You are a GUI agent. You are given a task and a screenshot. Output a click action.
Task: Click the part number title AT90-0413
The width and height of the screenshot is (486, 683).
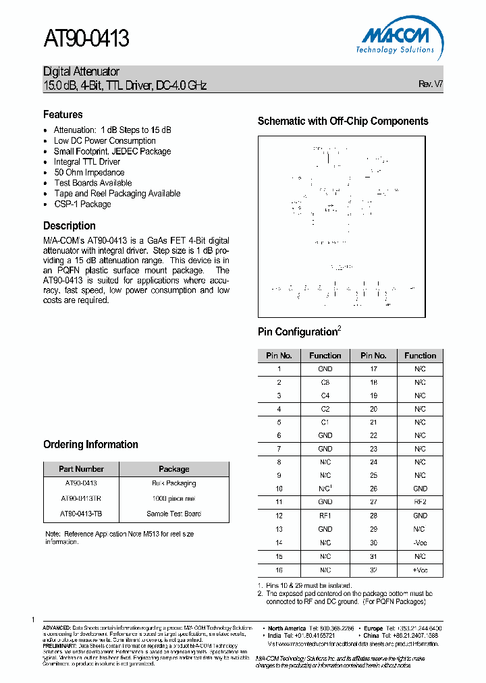86,39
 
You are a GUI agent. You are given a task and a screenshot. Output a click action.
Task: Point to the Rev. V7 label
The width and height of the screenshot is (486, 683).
430,84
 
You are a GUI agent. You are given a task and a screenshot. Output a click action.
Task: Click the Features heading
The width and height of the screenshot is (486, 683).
63,115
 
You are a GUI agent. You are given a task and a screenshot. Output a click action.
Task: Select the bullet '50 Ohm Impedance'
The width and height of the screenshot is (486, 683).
89,172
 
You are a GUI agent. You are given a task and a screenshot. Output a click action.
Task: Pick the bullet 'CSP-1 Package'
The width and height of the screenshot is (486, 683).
82,204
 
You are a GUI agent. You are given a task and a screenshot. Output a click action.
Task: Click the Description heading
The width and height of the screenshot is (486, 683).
70,226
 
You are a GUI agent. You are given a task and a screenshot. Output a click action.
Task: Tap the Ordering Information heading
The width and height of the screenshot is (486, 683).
90,445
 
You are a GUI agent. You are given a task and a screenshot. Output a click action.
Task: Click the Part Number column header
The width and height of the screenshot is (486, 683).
81,469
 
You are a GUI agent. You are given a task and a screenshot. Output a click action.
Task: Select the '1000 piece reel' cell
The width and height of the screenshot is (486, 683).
173,498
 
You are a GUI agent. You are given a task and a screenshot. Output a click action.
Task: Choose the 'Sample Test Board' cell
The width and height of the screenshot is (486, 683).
173,514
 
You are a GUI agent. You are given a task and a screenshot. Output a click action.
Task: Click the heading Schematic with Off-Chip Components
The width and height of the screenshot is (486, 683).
343,121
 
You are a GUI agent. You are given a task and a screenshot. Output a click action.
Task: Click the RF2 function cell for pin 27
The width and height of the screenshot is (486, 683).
420,502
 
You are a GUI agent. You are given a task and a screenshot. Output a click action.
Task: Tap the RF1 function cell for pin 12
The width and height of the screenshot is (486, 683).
325,516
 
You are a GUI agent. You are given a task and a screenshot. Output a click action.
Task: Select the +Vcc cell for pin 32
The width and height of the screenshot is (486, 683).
420,570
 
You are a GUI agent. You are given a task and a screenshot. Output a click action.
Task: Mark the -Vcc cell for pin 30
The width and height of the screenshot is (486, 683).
420,543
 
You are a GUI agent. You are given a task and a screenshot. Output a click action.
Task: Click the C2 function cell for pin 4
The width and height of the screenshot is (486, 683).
325,409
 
